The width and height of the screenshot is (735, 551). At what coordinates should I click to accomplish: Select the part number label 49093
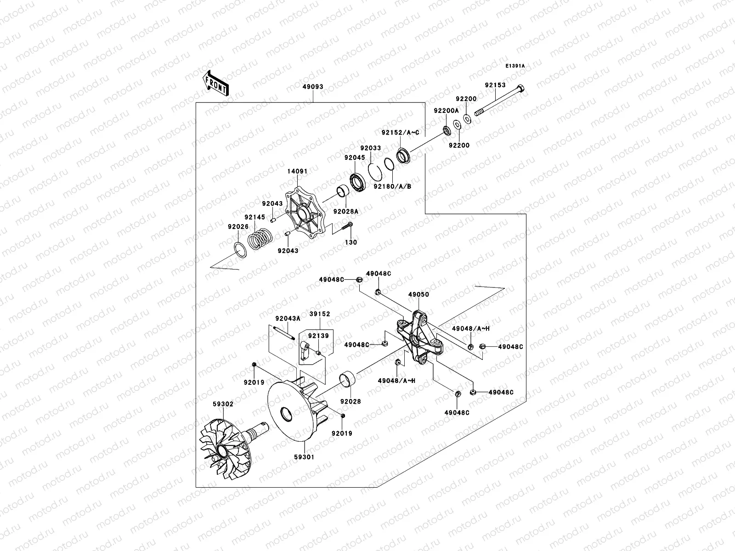pyautogui.click(x=313, y=86)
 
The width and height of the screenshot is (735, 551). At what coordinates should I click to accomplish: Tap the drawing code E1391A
pyautogui.click(x=515, y=66)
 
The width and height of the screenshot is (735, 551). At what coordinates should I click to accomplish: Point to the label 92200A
pyautogui.click(x=446, y=111)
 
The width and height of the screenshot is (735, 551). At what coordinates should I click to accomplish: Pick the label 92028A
pyautogui.click(x=346, y=211)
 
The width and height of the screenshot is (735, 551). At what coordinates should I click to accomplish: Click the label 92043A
pyautogui.click(x=288, y=318)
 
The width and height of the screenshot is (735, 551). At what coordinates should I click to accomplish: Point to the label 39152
pyautogui.click(x=320, y=314)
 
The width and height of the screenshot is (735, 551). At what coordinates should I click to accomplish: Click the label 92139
pyautogui.click(x=318, y=336)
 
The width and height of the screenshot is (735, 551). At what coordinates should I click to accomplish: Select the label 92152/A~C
pyautogui.click(x=401, y=132)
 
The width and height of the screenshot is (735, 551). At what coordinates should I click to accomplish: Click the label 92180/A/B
pyautogui.click(x=392, y=186)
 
